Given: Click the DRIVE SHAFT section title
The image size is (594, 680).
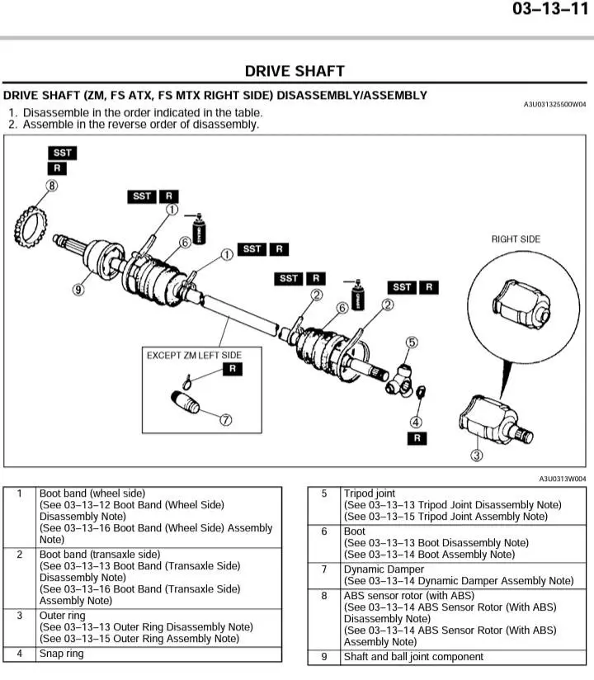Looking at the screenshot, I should (295, 71).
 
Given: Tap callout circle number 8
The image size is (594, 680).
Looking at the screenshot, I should (52, 187).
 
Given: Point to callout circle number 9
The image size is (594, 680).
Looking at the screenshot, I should (79, 290).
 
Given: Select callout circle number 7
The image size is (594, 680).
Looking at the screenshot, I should (225, 419).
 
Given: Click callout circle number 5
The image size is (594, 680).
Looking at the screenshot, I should (411, 342).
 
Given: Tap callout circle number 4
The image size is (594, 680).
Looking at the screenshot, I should (417, 423).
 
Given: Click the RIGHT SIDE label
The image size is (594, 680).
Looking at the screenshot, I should (516, 239).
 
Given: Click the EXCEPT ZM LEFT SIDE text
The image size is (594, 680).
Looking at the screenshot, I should (194, 355).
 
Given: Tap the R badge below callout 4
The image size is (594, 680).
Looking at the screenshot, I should (418, 439).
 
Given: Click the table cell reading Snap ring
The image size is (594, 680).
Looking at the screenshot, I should (62, 654).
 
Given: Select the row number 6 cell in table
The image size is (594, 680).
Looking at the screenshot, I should (324, 531).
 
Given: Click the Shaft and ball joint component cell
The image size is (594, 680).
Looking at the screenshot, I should (413, 657).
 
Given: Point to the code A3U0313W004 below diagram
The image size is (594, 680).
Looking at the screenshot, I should (563, 479).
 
